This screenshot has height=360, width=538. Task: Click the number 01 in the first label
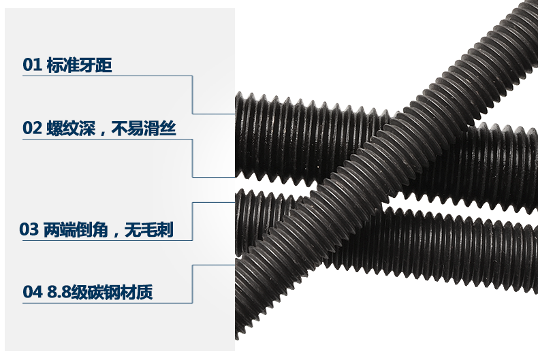click(32, 65)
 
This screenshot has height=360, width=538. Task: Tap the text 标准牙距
click(78, 65)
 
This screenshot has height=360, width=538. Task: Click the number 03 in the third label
click(29, 230)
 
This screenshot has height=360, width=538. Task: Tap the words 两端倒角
click(72, 230)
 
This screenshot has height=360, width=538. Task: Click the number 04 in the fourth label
click(32, 293)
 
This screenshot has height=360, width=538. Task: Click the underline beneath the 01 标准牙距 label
click(102, 76)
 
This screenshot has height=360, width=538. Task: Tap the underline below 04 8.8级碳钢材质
click(102, 303)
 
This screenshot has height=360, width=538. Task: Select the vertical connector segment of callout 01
click(193, 94)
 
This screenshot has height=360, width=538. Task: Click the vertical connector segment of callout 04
click(193, 284)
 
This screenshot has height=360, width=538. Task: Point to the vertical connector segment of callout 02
click(193, 158)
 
